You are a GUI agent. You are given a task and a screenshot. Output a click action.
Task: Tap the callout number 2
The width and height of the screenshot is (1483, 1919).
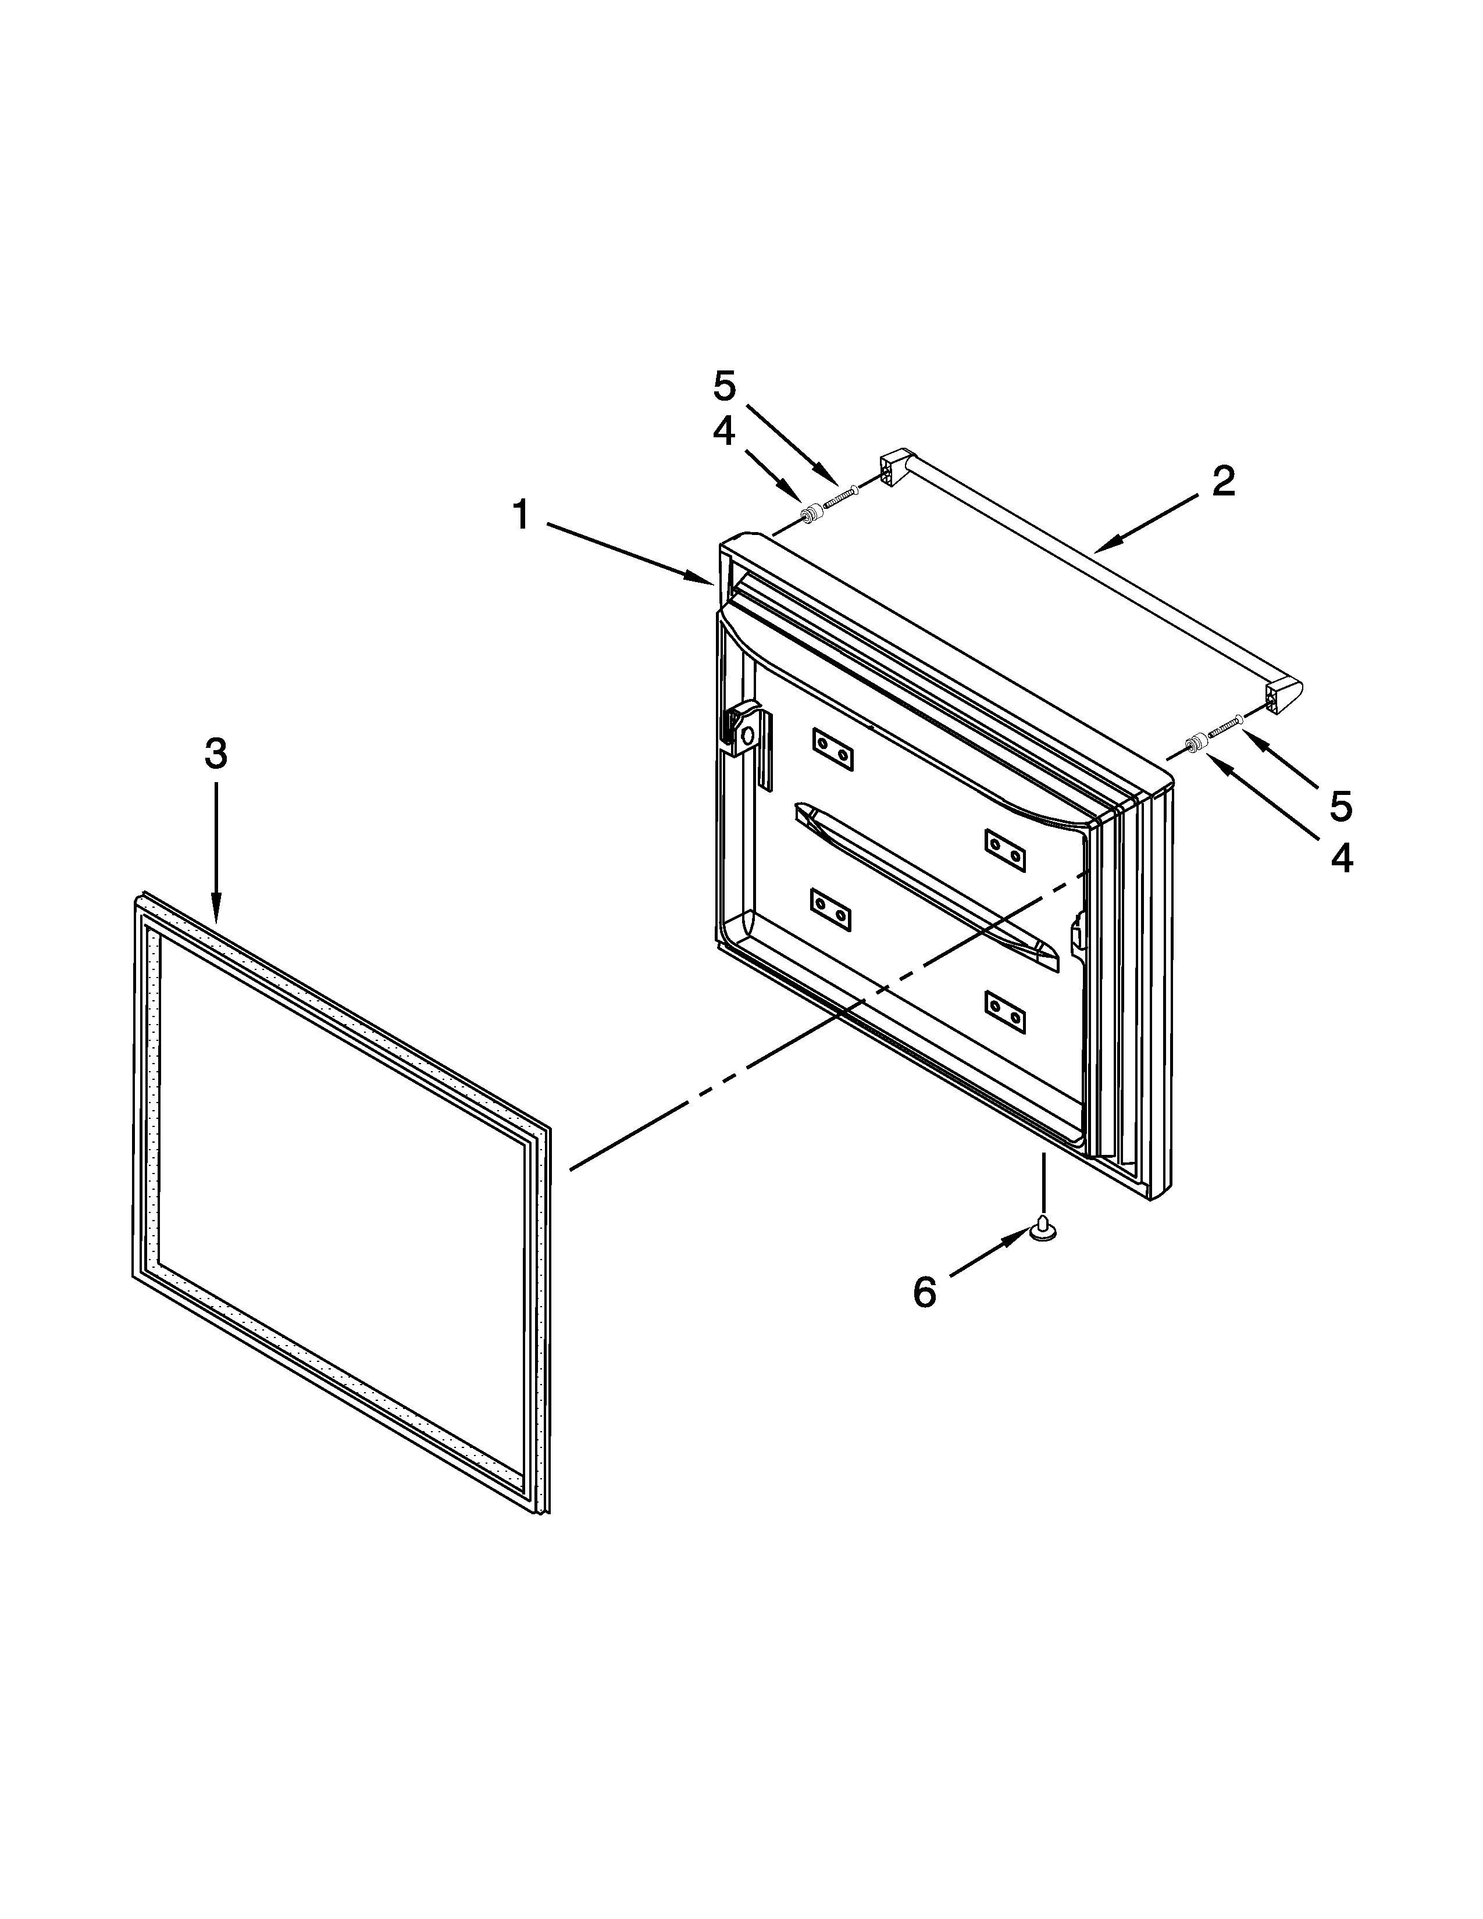coord(1224,481)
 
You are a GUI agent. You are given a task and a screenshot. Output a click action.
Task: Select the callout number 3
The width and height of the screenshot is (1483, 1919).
coord(216,754)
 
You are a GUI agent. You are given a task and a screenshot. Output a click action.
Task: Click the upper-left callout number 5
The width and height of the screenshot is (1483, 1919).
coord(724,387)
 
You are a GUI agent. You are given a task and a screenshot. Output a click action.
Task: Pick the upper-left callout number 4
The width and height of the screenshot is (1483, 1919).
coord(724,431)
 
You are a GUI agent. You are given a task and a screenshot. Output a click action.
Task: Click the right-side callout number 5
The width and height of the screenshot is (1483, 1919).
coord(1341,806)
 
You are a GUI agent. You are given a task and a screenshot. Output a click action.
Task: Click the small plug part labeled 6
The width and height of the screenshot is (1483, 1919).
coord(1043,1228)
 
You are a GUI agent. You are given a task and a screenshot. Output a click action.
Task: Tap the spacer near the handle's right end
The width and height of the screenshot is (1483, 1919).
coord(1195,745)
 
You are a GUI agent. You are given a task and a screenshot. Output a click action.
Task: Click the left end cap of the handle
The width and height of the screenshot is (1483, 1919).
coord(893,469)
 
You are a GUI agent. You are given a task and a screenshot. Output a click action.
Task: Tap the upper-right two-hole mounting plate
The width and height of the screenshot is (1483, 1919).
coord(1005,849)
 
